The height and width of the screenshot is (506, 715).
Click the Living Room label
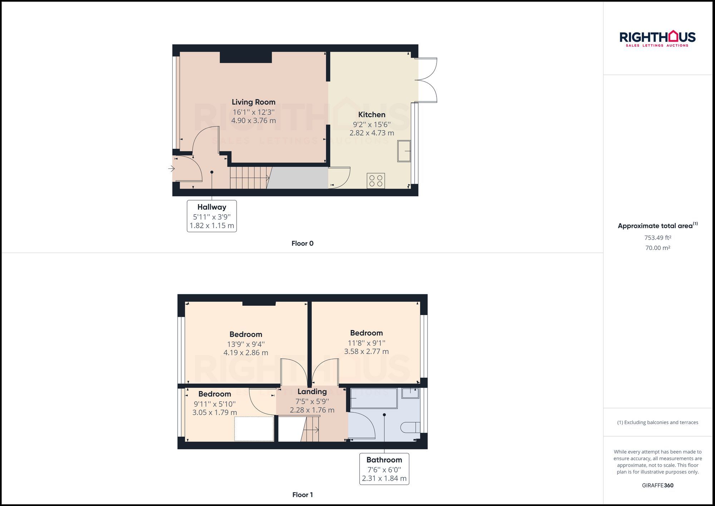pos(253,102)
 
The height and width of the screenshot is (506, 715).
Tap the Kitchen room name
pos(372,115)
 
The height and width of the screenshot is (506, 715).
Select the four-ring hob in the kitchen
pos(376,181)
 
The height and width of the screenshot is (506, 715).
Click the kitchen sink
pos(404,151)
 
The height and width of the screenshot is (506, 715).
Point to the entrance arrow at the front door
pos(171,168)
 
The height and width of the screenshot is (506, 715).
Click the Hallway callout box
pos(212,216)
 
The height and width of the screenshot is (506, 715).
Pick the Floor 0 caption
pos(302,244)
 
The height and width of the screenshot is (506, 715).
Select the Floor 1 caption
pos(302,495)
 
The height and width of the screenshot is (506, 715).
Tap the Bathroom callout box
pos(384,469)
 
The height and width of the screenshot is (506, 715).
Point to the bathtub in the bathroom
pos(374,398)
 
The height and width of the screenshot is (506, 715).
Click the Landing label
pos(312,392)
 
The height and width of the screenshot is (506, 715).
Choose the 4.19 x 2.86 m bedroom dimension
pos(246,353)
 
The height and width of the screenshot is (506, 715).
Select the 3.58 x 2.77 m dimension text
pos(366,352)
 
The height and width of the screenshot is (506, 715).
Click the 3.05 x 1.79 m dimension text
pos(214,412)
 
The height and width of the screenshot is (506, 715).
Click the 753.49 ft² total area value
pos(657,238)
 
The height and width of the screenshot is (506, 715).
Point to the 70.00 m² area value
pos(657,248)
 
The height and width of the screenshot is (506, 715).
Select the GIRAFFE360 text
pos(657,485)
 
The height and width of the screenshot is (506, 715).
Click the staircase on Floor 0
pos(249,178)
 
